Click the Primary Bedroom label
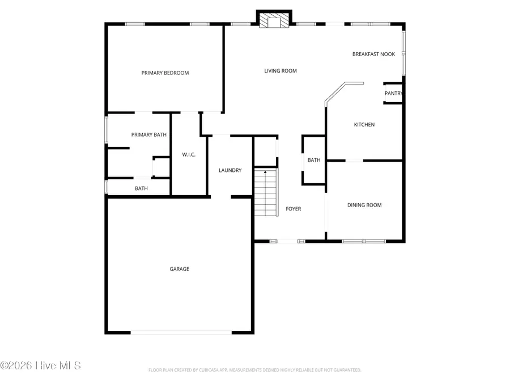click(165, 73)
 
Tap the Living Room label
click(280, 71)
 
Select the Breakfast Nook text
click(373, 54)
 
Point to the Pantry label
click(393, 94)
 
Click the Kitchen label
click(364, 125)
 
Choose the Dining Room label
click(364, 205)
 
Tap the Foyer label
click(293, 209)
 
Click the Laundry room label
click(230, 170)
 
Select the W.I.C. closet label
click(189, 155)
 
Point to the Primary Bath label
click(149, 134)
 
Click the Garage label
click(179, 269)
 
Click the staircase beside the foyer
click(265, 193)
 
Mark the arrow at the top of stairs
click(265, 172)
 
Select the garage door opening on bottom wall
click(181, 333)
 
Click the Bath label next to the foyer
click(314, 160)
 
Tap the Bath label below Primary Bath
click(141, 188)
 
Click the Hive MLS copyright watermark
click(41, 365)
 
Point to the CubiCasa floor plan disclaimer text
click(254, 370)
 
